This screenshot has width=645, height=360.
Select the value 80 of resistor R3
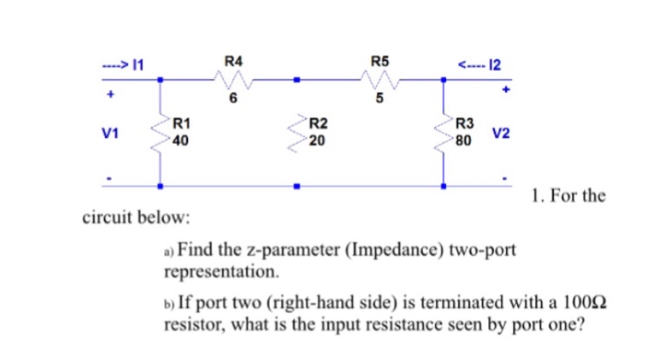[464, 141]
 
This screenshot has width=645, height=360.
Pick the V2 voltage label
[502, 133]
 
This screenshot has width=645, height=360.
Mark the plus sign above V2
[505, 91]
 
